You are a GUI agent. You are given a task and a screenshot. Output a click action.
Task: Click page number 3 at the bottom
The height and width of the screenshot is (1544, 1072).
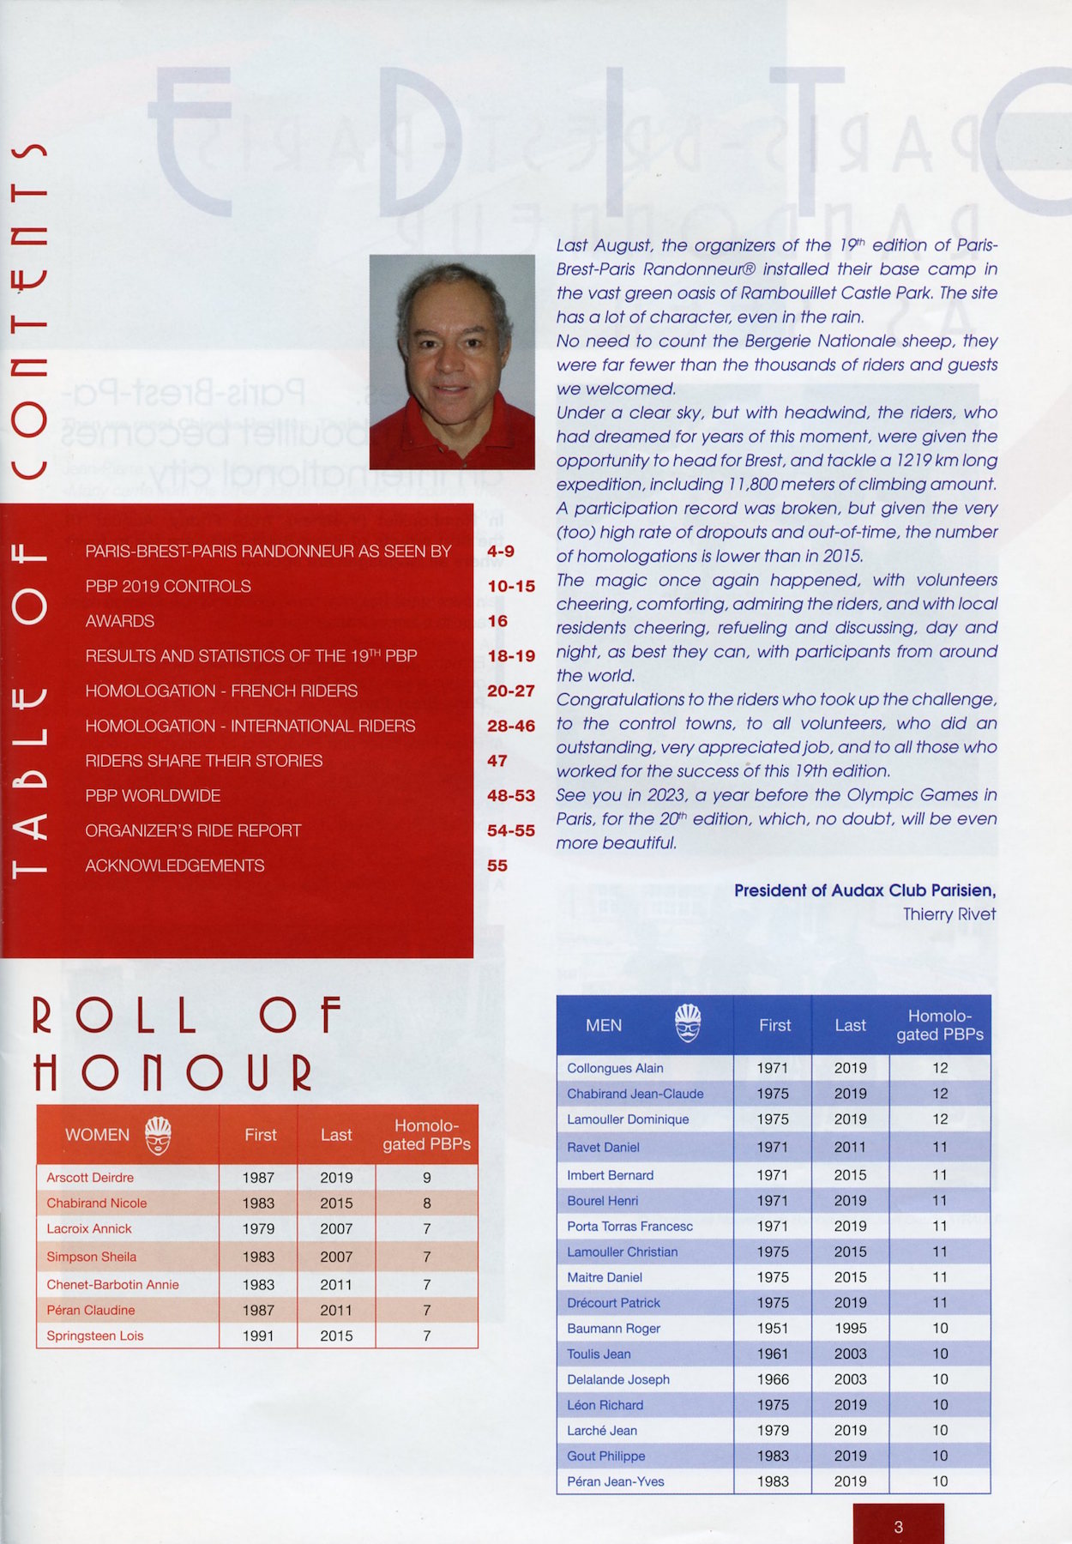(898, 1526)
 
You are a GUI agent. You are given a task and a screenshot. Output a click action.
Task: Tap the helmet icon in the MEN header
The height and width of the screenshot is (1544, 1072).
(687, 1023)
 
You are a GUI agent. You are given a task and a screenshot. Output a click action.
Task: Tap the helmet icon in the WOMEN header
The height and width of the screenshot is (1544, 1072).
(158, 1135)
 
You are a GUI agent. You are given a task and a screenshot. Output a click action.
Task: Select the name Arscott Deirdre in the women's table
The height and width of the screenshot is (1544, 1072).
(90, 1178)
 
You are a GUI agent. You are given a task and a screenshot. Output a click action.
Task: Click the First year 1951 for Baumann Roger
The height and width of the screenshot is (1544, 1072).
(773, 1328)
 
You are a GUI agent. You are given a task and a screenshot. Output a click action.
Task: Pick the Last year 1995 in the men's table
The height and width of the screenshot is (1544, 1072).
(850, 1328)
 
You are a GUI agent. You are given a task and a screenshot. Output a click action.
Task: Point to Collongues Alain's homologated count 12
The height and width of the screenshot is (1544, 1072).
(940, 1068)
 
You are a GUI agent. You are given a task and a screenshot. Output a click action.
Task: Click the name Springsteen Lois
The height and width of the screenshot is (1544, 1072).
(95, 1336)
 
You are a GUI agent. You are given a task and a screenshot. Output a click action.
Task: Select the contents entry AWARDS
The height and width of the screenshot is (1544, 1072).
(120, 621)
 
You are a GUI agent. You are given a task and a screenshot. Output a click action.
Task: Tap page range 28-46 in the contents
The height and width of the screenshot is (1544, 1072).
(511, 726)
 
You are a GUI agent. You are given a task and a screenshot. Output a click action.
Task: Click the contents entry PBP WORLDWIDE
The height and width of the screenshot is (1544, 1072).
(153, 796)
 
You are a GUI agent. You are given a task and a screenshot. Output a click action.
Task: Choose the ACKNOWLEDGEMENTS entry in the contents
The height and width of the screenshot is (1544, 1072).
(175, 865)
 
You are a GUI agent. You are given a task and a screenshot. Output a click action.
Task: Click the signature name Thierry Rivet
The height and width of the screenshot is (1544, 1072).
(949, 914)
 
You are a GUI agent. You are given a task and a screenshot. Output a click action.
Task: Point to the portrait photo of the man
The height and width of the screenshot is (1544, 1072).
(452, 362)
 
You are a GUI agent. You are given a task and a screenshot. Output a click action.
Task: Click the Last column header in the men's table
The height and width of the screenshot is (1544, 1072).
(850, 1025)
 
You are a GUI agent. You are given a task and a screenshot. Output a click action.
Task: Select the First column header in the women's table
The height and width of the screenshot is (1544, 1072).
(261, 1135)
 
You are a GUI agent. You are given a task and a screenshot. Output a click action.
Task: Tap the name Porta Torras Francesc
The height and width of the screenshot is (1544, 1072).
(629, 1227)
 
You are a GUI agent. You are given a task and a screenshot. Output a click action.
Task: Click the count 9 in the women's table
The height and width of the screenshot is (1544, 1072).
(426, 1178)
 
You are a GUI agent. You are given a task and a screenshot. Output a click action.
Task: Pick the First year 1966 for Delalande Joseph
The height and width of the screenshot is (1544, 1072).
(773, 1379)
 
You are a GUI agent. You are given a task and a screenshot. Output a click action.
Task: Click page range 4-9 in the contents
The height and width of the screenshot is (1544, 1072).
(501, 551)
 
